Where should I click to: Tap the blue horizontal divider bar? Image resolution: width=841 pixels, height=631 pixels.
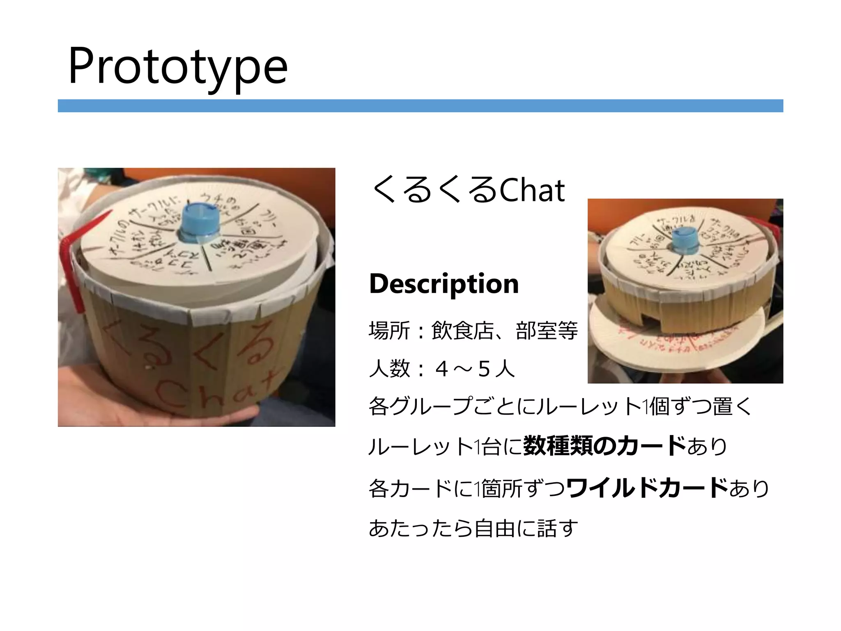(x=420, y=106)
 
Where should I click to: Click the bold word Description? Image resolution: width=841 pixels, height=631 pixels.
(x=444, y=283)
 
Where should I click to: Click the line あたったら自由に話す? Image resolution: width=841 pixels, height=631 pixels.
(x=473, y=528)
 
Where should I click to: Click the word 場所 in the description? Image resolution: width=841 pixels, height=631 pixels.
(x=389, y=331)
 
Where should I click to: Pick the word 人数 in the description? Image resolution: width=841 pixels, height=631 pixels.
(x=389, y=368)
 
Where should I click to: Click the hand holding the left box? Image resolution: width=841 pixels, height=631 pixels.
(x=164, y=415)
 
